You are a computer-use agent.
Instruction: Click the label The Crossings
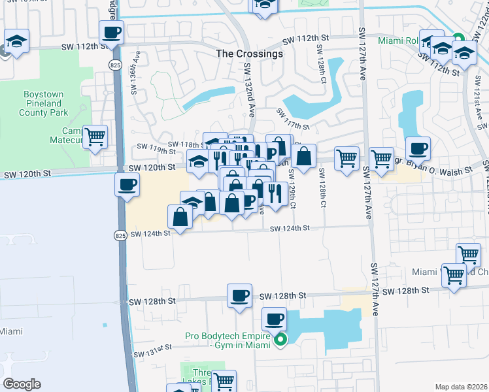(x=251, y=54)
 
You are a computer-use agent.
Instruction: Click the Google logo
(x=22, y=384)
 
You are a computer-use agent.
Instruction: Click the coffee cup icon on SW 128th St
(x=239, y=295)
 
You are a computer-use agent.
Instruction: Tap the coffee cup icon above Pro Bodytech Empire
(x=275, y=319)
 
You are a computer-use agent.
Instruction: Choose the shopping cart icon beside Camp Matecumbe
(x=96, y=137)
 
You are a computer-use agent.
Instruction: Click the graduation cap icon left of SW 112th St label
(x=16, y=42)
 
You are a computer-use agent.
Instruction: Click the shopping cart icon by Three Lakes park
(x=224, y=380)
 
